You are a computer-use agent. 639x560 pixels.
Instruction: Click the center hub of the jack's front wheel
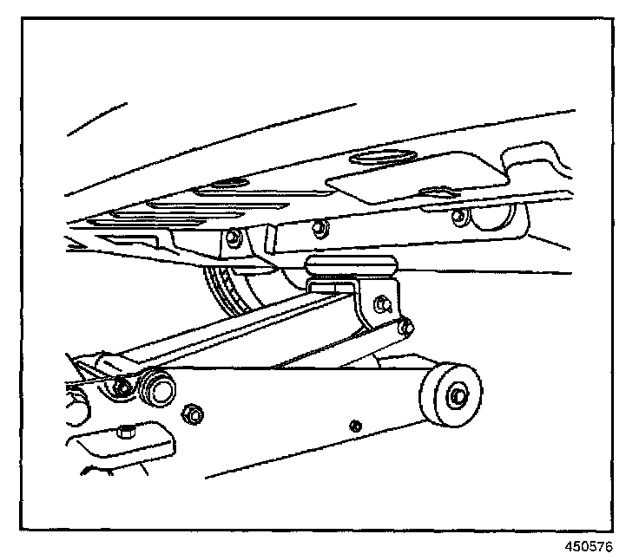[455, 398]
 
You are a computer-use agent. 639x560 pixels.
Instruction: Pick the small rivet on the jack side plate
[354, 426]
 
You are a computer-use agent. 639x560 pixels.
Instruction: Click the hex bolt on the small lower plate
[127, 431]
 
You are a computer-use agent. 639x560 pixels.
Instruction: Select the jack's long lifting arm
[243, 330]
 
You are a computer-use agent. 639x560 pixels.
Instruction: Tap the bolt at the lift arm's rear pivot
[122, 387]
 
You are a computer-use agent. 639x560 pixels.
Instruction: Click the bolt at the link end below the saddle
[406, 327]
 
